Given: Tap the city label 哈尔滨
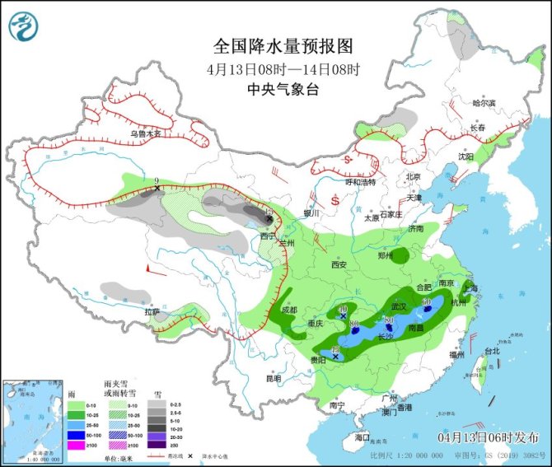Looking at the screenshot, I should tap(484, 103).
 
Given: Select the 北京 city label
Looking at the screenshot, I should tap(413, 176).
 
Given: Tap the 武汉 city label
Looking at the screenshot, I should tap(399, 306).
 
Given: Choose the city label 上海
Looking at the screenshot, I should tap(472, 287).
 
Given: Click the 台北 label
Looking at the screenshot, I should tap(492, 351).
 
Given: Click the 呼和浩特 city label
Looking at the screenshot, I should tap(359, 182).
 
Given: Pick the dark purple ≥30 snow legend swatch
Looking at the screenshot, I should tap(153, 446).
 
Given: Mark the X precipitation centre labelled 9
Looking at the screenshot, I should tap(157, 189).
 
